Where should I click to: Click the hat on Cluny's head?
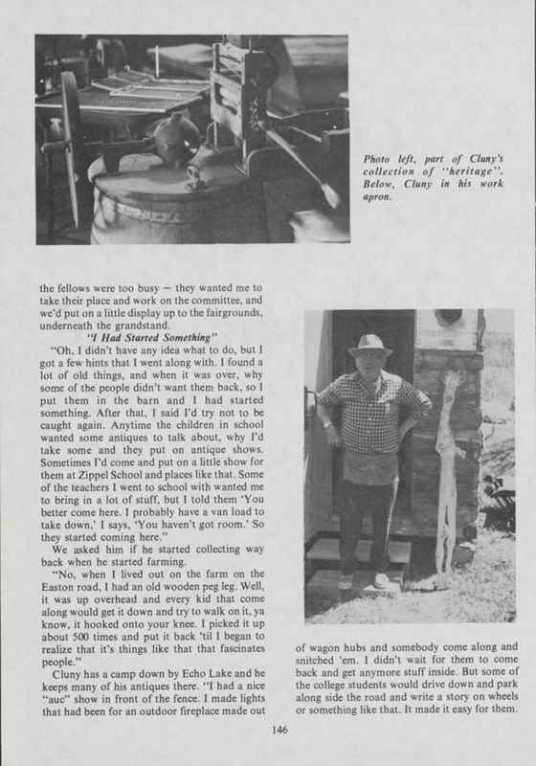pos(369,343)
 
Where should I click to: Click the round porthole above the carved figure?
pos(446,318)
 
